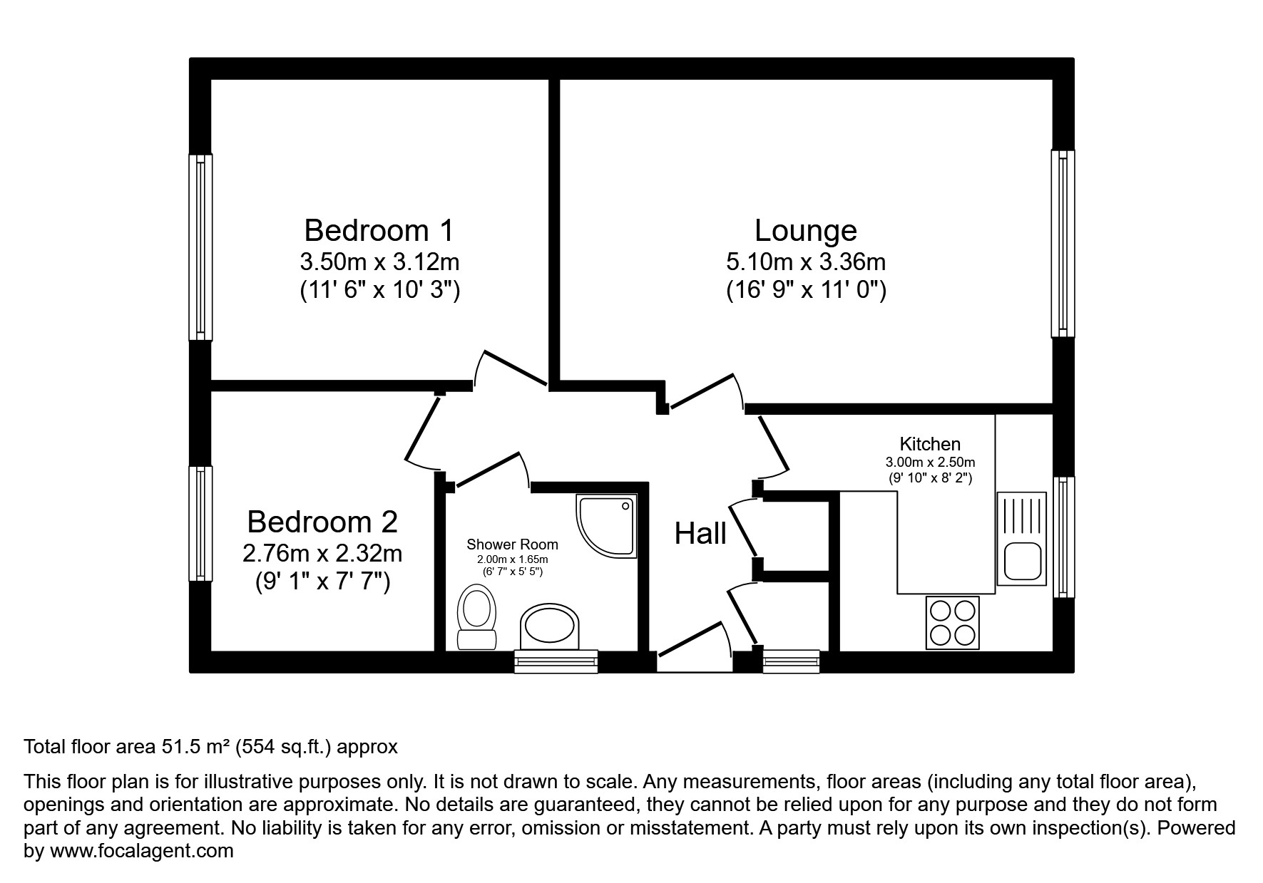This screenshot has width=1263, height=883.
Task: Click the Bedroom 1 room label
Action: click(x=379, y=231)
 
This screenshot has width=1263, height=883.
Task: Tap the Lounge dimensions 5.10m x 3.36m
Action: click(x=806, y=262)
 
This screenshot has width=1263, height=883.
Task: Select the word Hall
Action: click(x=700, y=534)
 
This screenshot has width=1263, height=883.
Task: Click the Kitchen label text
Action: click(x=930, y=444)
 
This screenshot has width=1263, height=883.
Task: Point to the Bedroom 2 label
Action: click(x=322, y=522)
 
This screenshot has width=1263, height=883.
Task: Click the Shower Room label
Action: click(x=512, y=544)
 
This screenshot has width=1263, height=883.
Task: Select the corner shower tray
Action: click(x=606, y=527)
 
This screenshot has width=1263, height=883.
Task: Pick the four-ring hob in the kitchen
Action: click(x=953, y=623)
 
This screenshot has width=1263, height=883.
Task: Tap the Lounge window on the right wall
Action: click(x=1063, y=243)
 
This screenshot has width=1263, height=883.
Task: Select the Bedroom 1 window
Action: click(x=200, y=247)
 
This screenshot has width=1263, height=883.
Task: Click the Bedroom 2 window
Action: click(x=200, y=524)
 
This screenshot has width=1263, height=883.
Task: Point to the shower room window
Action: click(x=556, y=661)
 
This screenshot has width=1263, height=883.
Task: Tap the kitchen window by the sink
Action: click(x=1063, y=537)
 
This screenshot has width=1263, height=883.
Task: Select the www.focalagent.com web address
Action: click(x=141, y=851)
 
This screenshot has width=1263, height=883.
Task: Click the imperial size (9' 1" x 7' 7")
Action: click(x=323, y=582)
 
